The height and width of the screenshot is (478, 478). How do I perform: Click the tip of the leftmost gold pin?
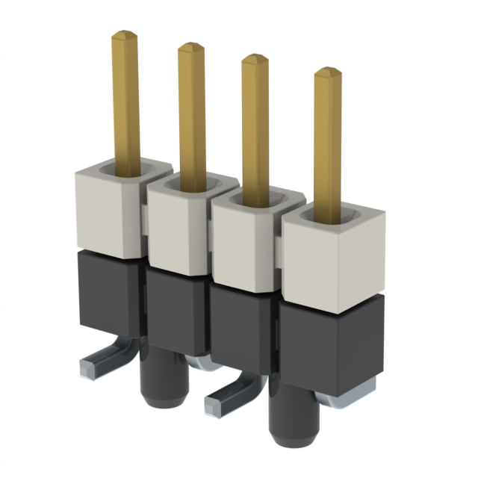tap(125, 34)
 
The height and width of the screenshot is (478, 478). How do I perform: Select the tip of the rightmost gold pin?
tap(327, 72)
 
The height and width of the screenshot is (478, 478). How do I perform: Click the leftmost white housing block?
tap(105, 213)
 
